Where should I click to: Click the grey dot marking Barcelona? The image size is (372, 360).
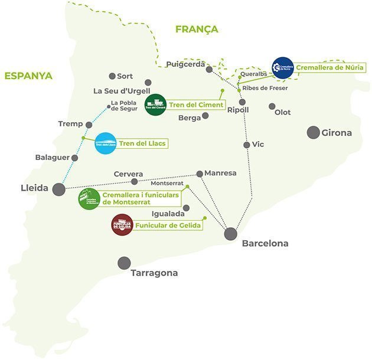(230, 234)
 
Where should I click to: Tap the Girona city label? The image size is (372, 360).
(337, 133)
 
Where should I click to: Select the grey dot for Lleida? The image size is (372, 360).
(58, 189)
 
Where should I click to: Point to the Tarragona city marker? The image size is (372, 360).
(124, 263)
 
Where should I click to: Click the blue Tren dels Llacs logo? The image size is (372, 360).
(105, 143)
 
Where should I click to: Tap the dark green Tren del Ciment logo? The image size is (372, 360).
(155, 105)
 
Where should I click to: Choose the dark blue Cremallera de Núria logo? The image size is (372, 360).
(283, 68)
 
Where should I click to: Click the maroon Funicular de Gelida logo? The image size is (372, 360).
(122, 225)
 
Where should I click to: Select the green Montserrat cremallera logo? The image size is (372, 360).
(89, 198)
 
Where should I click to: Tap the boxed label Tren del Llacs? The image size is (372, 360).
(142, 143)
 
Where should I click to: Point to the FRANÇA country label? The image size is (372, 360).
(197, 29)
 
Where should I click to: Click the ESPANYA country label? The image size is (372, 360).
(28, 76)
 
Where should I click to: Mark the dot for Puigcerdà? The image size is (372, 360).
(209, 69)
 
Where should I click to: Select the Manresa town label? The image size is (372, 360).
(220, 173)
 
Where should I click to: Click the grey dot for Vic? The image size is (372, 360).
(247, 145)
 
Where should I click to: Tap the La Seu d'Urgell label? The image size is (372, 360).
(122, 91)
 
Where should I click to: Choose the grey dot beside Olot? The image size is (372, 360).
(272, 106)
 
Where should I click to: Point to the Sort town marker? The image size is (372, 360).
(112, 76)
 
